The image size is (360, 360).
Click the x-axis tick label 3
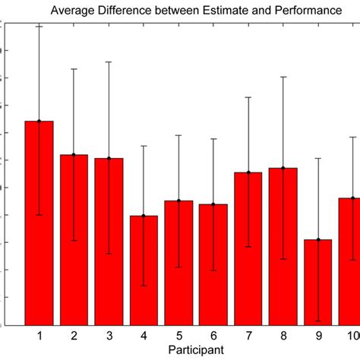pyautogui.click(x=109, y=336)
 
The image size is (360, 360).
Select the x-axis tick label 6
pyautogui.click(x=213, y=336)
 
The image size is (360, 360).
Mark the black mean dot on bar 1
pyautogui.click(x=39, y=121)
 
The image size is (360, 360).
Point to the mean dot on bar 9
pyautogui.click(x=317, y=240)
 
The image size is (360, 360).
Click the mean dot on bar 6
pyautogui.click(x=213, y=204)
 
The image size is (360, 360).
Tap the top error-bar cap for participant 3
pyautogui.click(x=109, y=62)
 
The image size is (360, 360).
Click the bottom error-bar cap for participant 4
pyautogui.click(x=144, y=286)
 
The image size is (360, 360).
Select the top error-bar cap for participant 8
pyautogui.click(x=283, y=77)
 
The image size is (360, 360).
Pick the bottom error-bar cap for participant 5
pyautogui.click(x=178, y=267)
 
